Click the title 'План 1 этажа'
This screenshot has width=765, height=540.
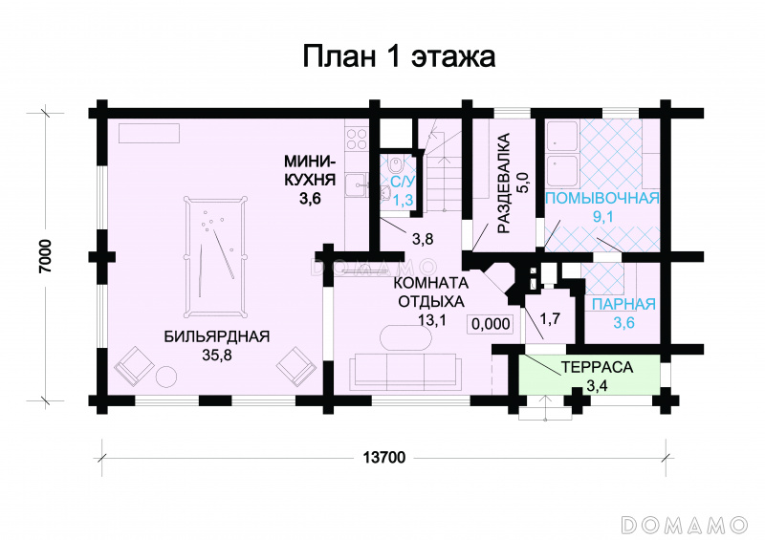pos(399,56)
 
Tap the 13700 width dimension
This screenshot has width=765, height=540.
pos(384,458)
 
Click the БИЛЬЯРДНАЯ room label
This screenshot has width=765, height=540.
pos(217,336)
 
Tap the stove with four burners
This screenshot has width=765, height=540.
pos(356,139)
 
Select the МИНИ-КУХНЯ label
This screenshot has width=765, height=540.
pos(310,170)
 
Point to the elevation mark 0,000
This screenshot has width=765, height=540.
pos(491,324)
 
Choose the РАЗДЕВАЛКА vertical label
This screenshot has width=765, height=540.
pos(504,183)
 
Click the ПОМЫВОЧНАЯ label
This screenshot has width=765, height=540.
pos(602,199)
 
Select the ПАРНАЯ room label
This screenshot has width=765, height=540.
pos(623,304)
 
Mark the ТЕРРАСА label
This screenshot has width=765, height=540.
pos(597,367)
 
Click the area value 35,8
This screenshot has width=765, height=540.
pos(217,356)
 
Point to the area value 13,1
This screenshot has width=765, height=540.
pos(432,319)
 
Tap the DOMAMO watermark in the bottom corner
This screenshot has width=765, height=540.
pos(685,525)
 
